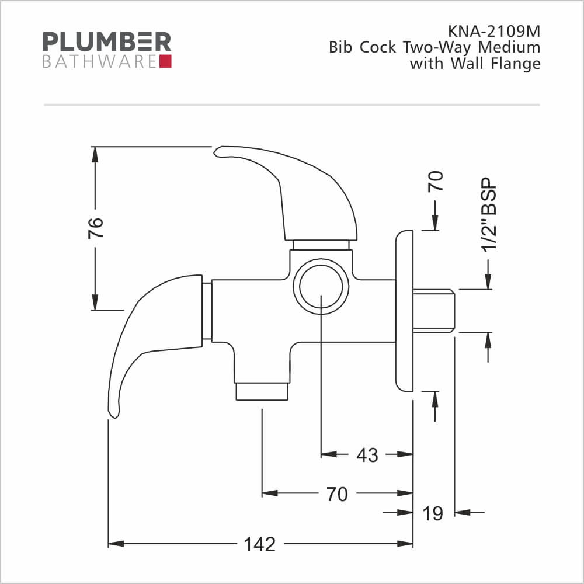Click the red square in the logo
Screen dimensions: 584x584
165,61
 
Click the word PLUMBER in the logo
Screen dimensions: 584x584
107,41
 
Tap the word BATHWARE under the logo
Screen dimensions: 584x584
100,62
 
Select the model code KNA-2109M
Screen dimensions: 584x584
494,32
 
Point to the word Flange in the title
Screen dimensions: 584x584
516,64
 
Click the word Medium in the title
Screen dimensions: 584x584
509,47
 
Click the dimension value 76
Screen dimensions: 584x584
95,228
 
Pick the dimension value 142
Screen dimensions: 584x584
260,544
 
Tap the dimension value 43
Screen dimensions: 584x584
367,455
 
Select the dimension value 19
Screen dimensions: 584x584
432,513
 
